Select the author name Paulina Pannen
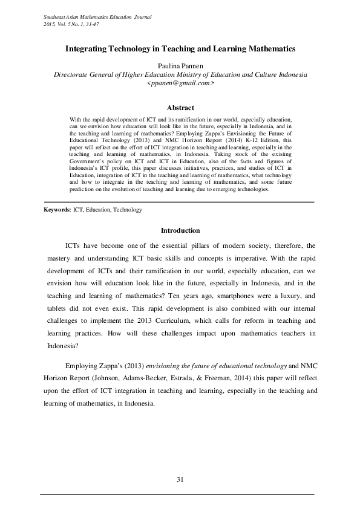tap(180, 65)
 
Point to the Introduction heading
tap(180, 230)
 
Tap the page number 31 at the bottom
tap(180, 479)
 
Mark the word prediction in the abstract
tap(85, 172)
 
